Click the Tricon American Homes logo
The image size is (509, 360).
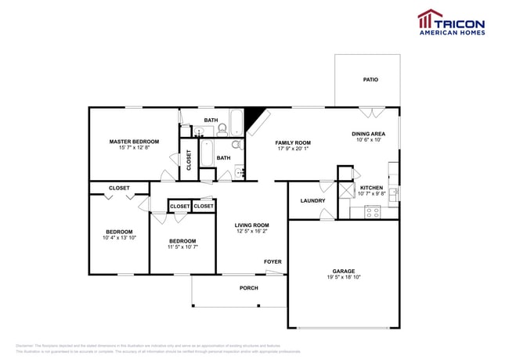(x=450, y=22)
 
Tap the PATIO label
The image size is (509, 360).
(x=370, y=80)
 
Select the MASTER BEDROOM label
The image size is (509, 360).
(x=134, y=142)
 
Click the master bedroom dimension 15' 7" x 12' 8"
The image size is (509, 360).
(x=134, y=148)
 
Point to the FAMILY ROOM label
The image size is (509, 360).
(x=293, y=142)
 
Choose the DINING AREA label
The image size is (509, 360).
(x=368, y=134)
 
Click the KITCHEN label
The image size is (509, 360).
(x=371, y=188)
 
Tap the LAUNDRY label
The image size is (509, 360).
(x=312, y=201)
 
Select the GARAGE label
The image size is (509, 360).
(x=343, y=271)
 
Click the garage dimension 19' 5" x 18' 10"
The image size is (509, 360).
(x=343, y=277)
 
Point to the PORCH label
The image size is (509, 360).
(x=248, y=288)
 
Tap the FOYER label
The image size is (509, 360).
(x=273, y=262)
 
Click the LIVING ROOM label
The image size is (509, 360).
(x=251, y=225)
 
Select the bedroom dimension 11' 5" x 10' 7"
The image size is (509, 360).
(x=182, y=247)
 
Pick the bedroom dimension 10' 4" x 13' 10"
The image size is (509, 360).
(x=119, y=238)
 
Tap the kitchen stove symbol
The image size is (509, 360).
(x=372, y=211)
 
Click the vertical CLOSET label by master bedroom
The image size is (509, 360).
(x=189, y=160)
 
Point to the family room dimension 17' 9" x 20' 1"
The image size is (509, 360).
(x=293, y=149)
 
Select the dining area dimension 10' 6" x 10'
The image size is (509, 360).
(x=368, y=140)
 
